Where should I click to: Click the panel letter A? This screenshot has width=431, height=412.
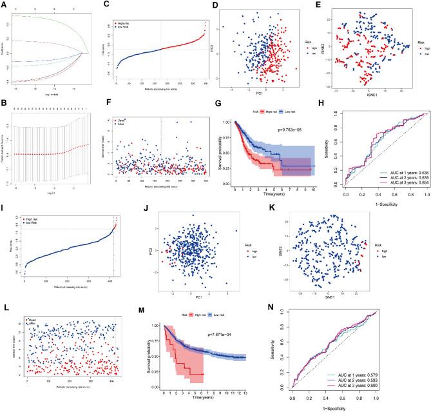[3, 4]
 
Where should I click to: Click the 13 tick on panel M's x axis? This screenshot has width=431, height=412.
[314, 401]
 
